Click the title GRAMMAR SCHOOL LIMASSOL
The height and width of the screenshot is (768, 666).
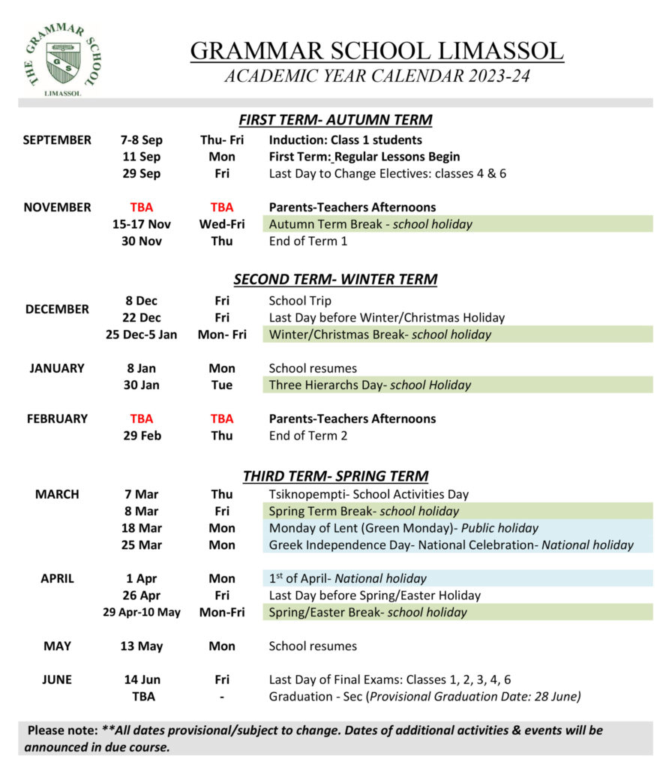click(x=376, y=51)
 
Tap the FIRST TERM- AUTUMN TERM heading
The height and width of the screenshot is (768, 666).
click(x=335, y=120)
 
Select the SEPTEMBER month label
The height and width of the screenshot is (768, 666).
click(x=57, y=140)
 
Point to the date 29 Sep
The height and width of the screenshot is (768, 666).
click(x=141, y=174)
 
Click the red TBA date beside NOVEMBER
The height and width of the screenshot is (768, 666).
click(x=141, y=208)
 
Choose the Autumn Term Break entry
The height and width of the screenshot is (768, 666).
click(x=370, y=224)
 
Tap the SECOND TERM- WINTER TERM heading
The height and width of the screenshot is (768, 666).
click(x=335, y=280)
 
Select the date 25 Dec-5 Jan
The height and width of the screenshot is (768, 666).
click(x=141, y=334)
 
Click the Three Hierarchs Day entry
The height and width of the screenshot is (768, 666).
click(x=370, y=385)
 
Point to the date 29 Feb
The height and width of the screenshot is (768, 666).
click(x=141, y=436)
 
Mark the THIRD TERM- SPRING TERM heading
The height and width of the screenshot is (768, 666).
click(x=335, y=476)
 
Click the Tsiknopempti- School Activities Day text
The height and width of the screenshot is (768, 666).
click(x=368, y=494)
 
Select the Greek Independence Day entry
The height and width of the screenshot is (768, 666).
click(x=451, y=545)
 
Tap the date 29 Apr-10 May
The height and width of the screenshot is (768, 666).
click(x=141, y=613)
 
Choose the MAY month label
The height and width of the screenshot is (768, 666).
click(x=57, y=646)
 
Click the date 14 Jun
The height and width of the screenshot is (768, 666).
click(x=141, y=680)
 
